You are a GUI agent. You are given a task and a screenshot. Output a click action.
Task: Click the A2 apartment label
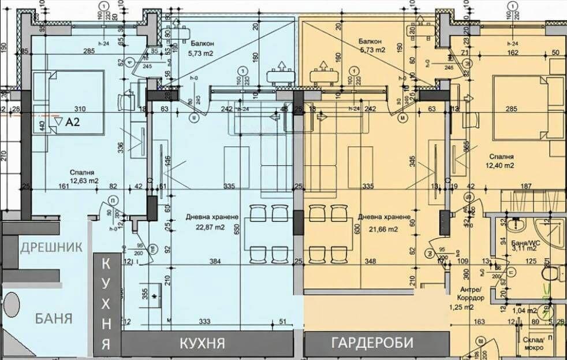click(x=72, y=122)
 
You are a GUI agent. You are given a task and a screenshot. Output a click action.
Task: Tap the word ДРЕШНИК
click(x=51, y=247)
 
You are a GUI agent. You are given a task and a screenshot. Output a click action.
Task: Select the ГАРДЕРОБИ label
click(x=372, y=343)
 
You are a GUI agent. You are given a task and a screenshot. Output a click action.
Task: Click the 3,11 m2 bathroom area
click(x=524, y=250)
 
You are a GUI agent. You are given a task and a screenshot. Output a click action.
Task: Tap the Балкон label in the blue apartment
click(x=200, y=43)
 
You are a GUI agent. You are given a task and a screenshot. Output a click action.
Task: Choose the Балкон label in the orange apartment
click(x=370, y=42)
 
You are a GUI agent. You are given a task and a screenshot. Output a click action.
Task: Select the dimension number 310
click(x=80, y=108)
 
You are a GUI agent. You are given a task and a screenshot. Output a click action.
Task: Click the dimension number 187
click(x=525, y=185)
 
